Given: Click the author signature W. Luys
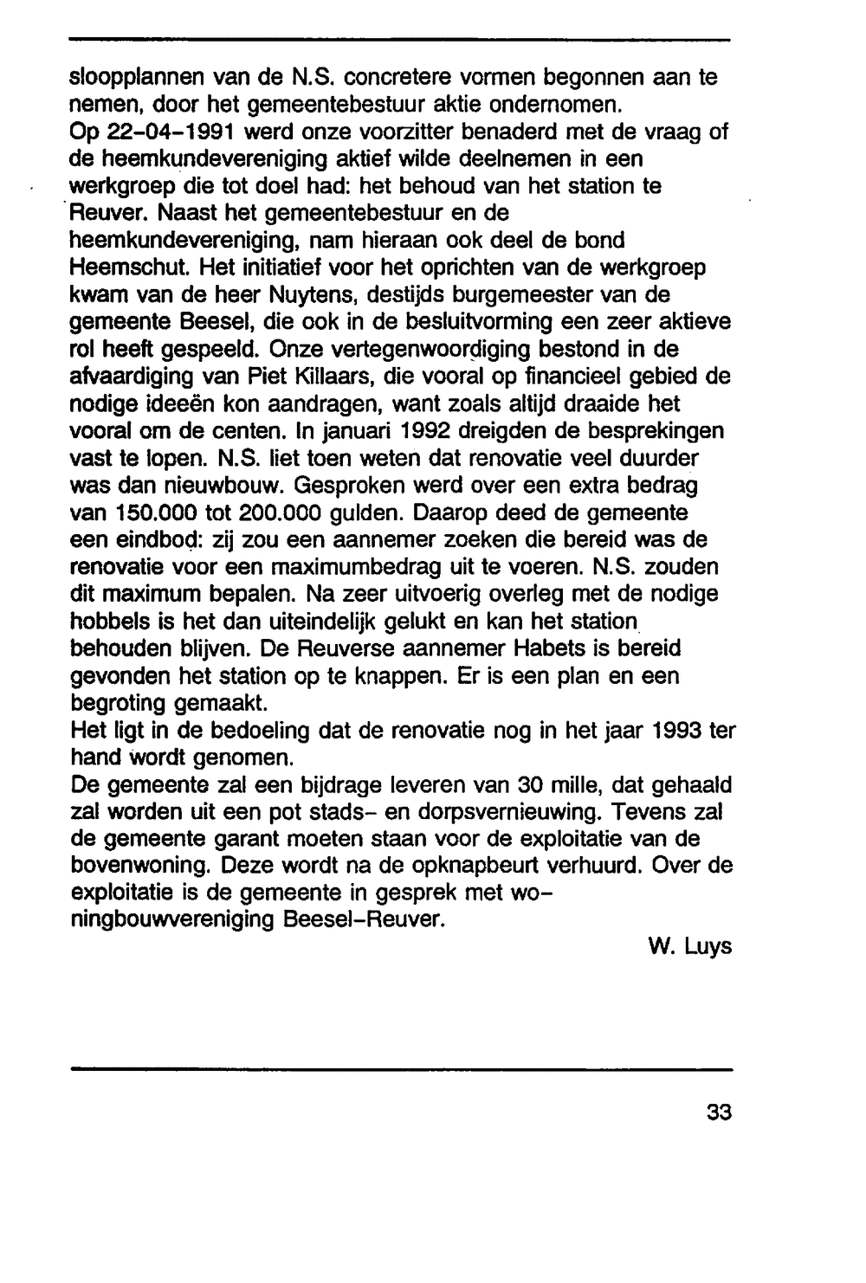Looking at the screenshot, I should click(689, 947).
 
